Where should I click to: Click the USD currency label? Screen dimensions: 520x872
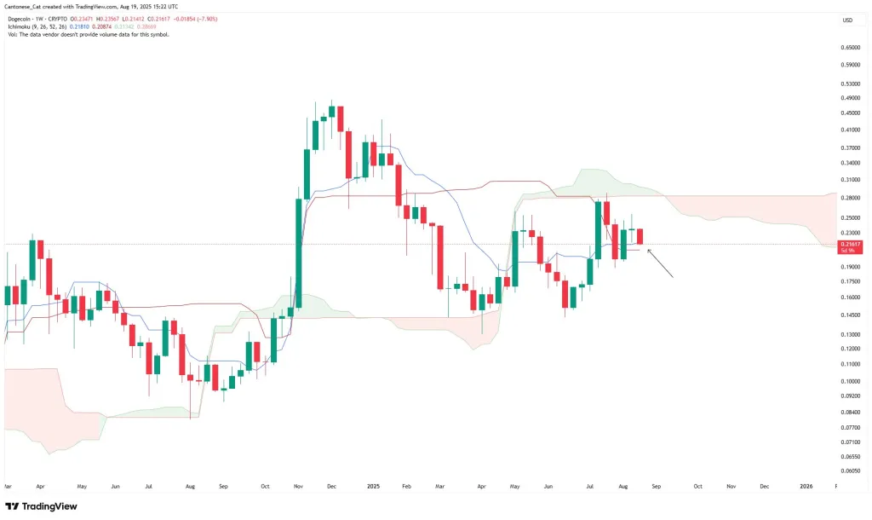click(846, 20)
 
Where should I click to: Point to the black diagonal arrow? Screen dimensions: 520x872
click(661, 263)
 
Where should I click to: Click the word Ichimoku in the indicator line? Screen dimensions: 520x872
click(18, 27)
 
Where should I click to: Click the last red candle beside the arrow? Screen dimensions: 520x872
click(640, 236)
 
